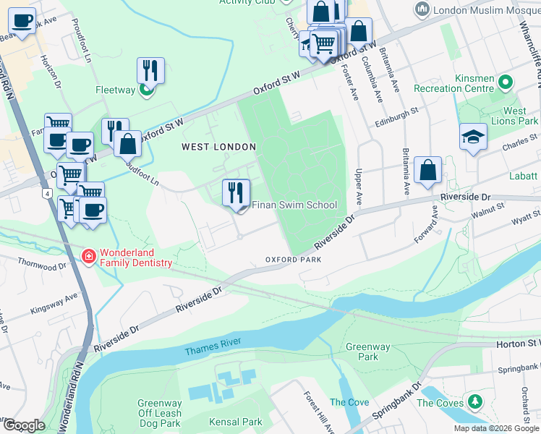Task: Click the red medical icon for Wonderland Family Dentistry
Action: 88,256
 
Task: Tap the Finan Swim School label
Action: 294,205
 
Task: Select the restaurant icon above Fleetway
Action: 150,70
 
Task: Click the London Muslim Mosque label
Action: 483,9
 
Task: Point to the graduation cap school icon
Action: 473,137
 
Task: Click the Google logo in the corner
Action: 23,425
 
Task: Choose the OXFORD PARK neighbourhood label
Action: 292,259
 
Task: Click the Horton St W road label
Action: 518,344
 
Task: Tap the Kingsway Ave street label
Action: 54,304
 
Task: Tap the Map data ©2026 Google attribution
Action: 496,428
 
